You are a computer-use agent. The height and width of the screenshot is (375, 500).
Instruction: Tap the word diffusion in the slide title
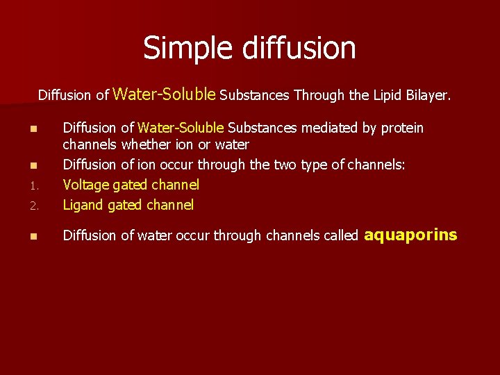[294, 48]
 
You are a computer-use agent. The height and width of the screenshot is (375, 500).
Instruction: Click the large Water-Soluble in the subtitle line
[165, 93]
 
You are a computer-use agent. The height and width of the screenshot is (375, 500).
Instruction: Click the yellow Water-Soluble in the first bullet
[181, 128]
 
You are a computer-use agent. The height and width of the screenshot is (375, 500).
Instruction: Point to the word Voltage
[86, 185]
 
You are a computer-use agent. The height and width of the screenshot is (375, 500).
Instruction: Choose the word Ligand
[84, 205]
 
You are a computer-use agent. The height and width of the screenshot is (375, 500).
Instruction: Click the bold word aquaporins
[411, 235]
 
